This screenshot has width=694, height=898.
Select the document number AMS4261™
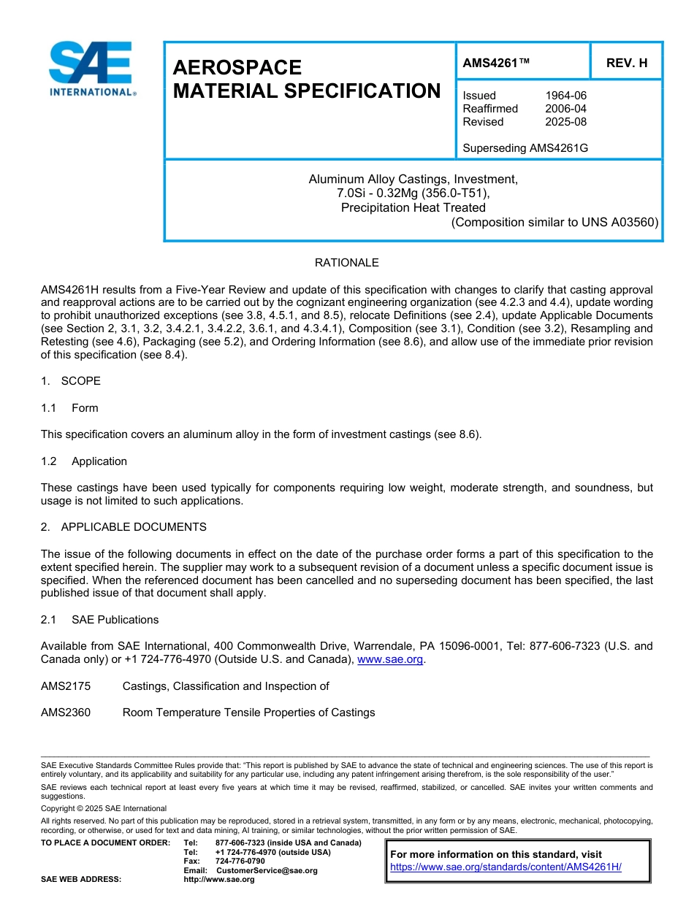pos(495,63)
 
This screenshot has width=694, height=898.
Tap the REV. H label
pos(626,63)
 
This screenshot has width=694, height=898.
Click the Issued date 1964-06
pos(565,96)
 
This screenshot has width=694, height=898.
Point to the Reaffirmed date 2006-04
pos(565,109)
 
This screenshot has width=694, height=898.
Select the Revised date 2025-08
pos(565,122)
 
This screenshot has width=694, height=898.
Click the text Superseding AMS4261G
pos(525,148)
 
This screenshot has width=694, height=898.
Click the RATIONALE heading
pos(346,263)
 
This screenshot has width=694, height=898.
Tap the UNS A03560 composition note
pos(554,222)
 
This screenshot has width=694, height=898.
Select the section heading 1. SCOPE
pos(71,381)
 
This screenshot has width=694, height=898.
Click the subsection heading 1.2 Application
pos(84,461)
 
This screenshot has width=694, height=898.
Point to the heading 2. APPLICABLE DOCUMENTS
pos(123,527)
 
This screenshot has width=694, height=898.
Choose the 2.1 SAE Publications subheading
pos(99,620)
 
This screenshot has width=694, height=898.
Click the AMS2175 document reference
pos(66,686)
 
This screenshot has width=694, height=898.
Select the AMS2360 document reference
pos(66,713)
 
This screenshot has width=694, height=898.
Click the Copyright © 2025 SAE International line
pos(104,808)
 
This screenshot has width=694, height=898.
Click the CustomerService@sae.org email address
pos(267,870)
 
